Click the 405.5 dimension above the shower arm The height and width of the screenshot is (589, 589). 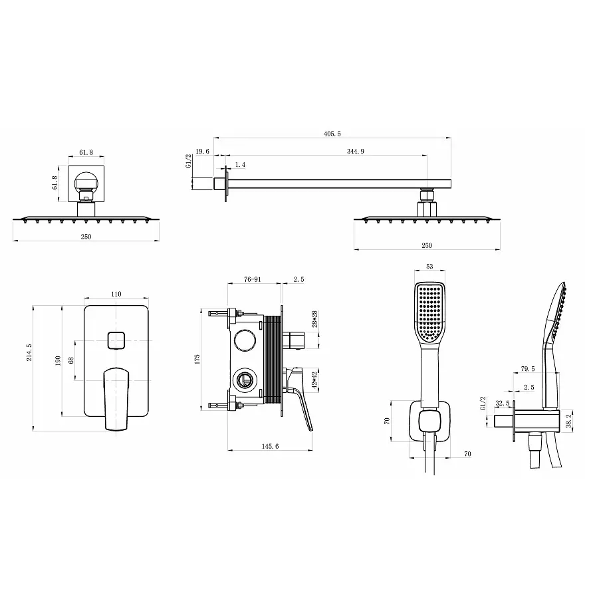332,134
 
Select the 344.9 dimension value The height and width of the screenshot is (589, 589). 356,152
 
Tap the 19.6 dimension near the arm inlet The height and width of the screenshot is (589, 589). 202,152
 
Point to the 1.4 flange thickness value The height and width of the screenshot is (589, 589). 240,165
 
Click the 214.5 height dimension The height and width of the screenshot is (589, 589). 29,353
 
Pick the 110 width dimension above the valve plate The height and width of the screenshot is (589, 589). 116,294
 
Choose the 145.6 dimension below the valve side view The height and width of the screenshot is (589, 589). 270,446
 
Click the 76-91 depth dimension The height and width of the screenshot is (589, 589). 252,279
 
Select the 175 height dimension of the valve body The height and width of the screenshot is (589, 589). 197,359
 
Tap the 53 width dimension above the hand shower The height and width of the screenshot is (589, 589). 429,267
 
